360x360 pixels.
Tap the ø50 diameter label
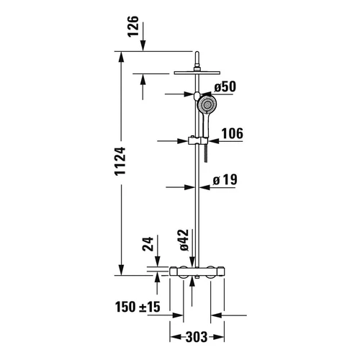coord(225,88)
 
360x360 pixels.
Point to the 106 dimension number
coord(231,133)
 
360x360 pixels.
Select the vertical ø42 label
coord(184,238)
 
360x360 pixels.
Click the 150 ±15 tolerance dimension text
coord(139,307)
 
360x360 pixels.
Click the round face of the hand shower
coord(207,106)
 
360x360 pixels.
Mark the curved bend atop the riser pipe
coord(196,57)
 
